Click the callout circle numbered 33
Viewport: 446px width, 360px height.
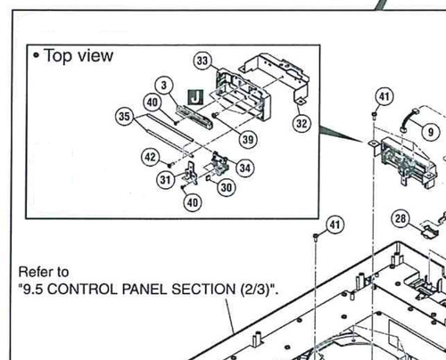[202, 61]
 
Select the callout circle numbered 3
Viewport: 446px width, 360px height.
[164, 86]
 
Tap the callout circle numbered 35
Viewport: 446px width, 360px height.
[124, 116]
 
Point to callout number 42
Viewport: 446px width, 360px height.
[150, 157]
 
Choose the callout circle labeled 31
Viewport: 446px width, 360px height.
[165, 179]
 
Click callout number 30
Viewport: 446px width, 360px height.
[227, 187]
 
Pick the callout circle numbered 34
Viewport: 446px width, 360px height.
[245, 168]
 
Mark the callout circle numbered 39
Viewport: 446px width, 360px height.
[248, 139]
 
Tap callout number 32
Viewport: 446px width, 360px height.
[301, 123]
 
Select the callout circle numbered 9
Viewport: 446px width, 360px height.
[431, 132]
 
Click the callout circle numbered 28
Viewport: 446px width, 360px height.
[401, 218]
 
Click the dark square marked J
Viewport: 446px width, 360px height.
[195, 97]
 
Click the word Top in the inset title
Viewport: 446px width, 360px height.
[59, 56]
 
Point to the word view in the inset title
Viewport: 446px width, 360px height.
[95, 56]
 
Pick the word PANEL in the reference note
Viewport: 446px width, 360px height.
[145, 289]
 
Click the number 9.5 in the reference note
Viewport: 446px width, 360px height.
[33, 289]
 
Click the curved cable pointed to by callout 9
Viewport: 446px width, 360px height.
[409, 120]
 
